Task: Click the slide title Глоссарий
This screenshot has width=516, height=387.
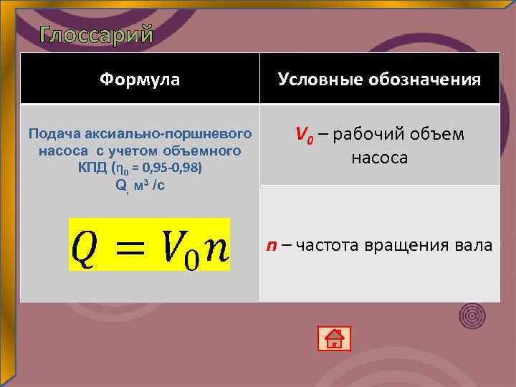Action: click(96, 34)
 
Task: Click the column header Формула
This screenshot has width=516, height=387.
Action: click(140, 79)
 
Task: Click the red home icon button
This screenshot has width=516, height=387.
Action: click(334, 338)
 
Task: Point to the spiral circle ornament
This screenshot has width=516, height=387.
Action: click(472, 315)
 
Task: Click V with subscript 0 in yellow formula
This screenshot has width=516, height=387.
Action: click(178, 247)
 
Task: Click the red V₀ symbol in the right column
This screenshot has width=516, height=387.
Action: click(305, 134)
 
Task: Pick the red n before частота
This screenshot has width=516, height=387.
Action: click(272, 246)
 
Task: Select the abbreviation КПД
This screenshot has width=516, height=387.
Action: click(92, 168)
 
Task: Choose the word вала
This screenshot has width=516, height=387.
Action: click(474, 246)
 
